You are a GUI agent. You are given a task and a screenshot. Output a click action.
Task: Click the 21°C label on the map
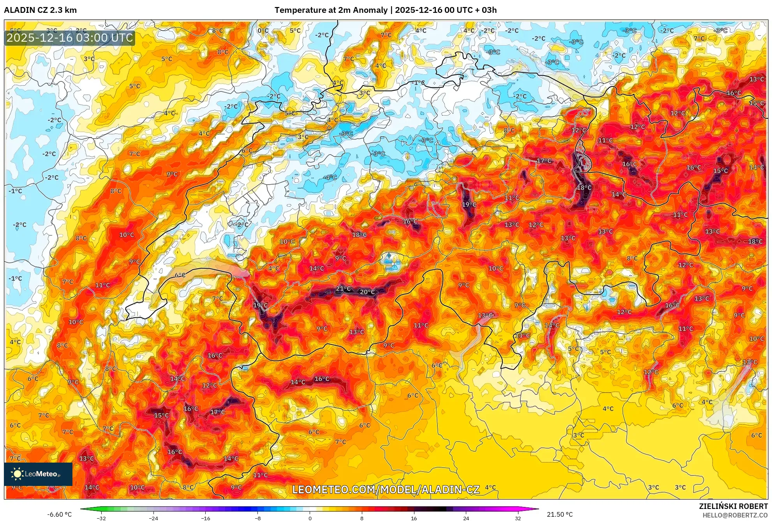click(343, 289)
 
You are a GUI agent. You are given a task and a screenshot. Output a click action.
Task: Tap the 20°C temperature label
click(367, 292)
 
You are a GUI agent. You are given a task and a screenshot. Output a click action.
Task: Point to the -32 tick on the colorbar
click(101, 518)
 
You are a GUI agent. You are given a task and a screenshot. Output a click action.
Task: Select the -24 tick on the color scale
click(153, 518)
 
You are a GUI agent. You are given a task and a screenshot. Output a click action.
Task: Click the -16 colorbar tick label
click(206, 518)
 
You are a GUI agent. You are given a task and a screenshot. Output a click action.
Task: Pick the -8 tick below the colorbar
click(258, 518)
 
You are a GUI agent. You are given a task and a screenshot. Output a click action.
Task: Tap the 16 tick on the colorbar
click(414, 518)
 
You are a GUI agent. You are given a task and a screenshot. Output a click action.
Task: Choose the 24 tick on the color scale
click(466, 518)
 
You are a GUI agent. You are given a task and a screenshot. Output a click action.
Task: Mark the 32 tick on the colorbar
click(518, 518)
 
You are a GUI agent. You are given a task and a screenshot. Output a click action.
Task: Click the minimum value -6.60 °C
click(59, 514)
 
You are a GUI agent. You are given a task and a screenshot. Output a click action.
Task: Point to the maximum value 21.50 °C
click(560, 514)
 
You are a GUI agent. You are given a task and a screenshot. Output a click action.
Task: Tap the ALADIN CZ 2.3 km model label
click(41, 10)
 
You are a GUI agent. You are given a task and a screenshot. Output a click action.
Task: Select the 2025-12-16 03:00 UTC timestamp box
click(70, 38)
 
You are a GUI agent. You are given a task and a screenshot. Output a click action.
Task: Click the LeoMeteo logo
click(38, 474)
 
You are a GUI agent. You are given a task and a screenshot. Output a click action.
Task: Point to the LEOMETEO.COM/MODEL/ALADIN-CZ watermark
click(386, 489)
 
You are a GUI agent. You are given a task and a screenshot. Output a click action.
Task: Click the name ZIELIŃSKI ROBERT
click(733, 506)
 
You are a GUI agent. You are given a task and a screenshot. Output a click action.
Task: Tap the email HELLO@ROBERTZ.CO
click(735, 515)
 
